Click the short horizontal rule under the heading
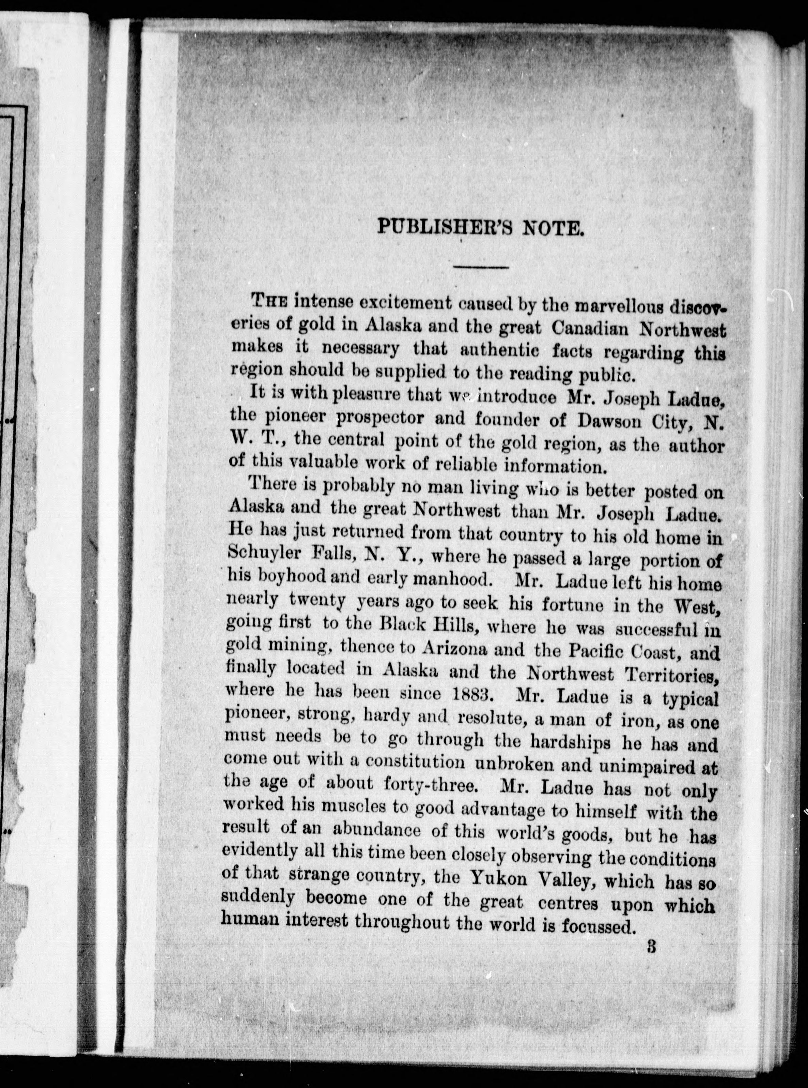(481, 267)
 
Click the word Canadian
(590, 329)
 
